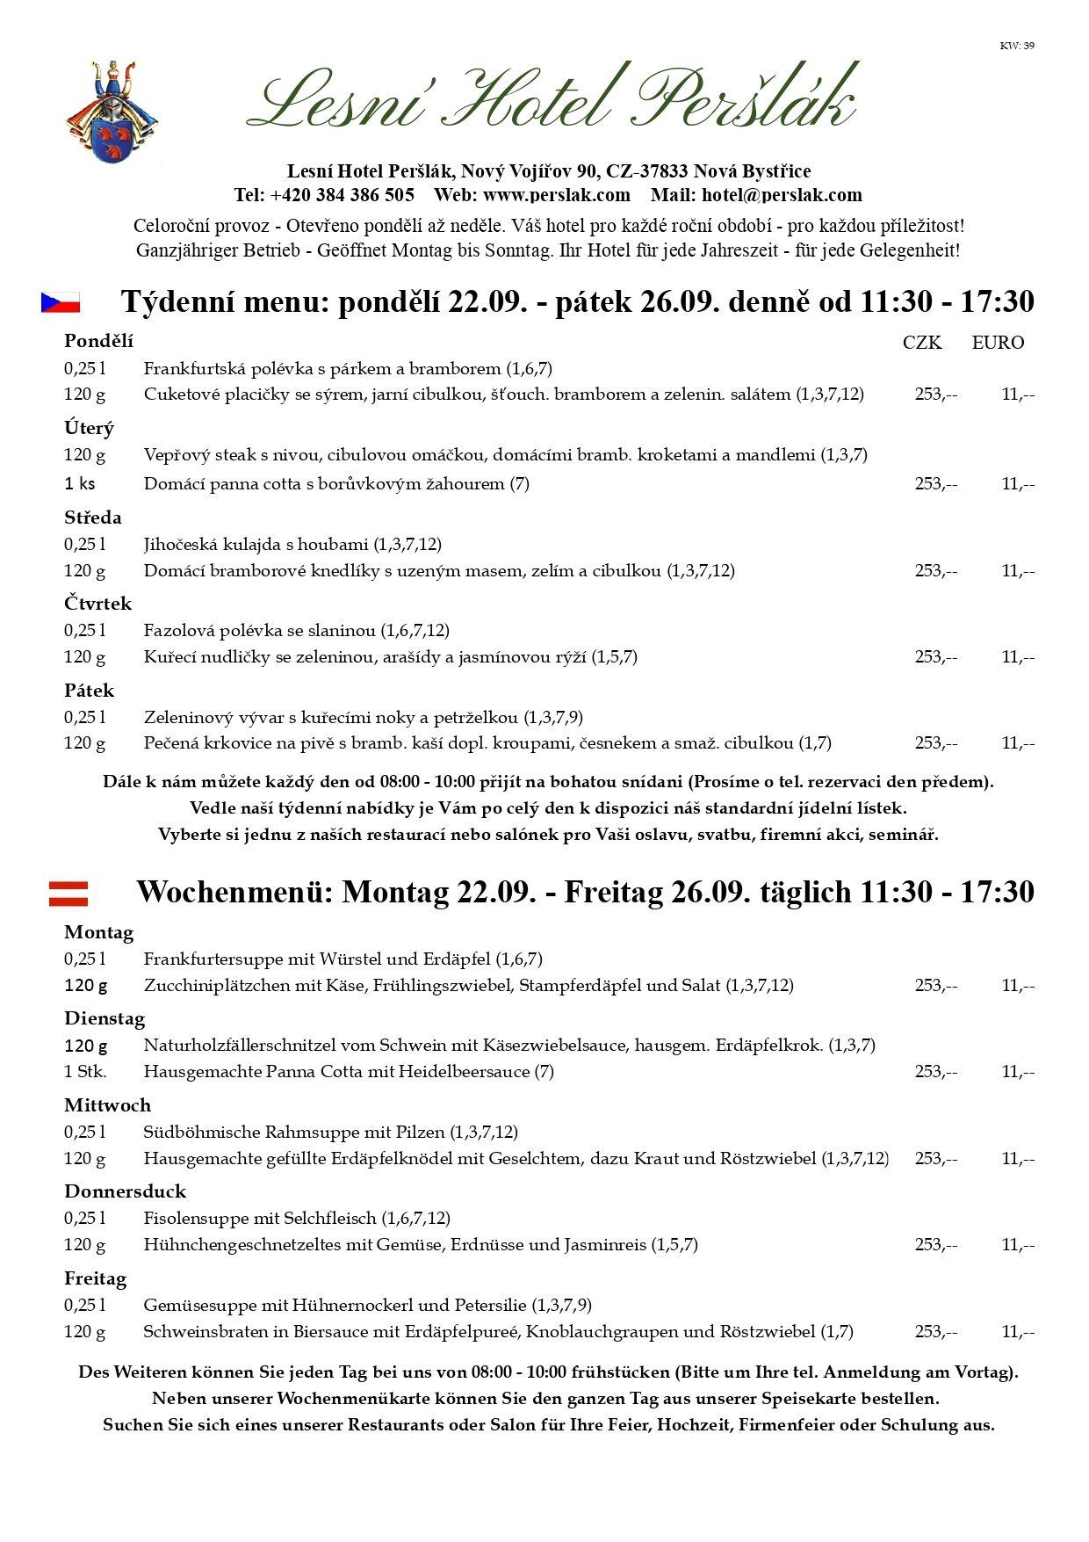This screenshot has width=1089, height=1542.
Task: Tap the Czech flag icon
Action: point(61,302)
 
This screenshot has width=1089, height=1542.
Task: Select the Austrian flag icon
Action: point(69,893)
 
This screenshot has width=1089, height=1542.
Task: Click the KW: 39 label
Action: point(1016,46)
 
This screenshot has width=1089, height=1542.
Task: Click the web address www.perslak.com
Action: point(557,194)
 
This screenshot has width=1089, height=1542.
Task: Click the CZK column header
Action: point(922,343)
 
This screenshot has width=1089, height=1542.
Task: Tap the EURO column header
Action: point(998,343)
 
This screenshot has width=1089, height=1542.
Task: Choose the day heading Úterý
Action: point(89,428)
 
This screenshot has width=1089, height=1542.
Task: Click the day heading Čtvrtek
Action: point(97,604)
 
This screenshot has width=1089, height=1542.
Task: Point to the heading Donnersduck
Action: point(125,1191)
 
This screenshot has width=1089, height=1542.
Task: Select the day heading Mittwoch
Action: point(107,1105)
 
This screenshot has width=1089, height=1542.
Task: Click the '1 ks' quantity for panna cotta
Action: point(80,483)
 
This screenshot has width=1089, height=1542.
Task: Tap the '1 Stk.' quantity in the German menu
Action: point(85,1071)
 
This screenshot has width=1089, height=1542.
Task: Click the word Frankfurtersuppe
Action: point(208,959)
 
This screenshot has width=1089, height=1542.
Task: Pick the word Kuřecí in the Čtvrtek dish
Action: point(167,656)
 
